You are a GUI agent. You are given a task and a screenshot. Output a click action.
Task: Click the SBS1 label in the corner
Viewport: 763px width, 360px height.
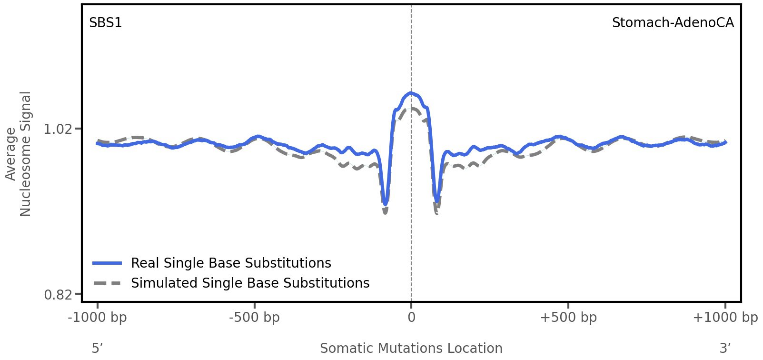[106, 23]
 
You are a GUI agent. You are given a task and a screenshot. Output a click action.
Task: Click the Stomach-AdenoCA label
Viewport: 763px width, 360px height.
[673, 23]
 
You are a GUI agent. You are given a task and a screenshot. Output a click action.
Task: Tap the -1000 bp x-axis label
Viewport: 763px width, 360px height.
[98, 318]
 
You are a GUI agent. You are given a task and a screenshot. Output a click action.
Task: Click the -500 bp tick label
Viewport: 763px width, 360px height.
[254, 318]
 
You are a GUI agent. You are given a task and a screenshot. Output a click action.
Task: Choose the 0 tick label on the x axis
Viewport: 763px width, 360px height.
[411, 318]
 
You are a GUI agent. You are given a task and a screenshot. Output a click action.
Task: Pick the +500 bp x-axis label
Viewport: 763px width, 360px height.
[568, 318]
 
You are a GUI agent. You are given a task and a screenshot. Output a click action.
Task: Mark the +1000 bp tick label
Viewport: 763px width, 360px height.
[725, 318]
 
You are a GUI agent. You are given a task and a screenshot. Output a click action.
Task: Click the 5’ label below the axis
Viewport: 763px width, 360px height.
[98, 349]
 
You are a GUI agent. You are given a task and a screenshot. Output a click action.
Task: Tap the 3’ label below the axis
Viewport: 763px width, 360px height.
[725, 349]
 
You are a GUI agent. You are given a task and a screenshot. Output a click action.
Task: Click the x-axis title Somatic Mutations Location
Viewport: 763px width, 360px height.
[411, 349]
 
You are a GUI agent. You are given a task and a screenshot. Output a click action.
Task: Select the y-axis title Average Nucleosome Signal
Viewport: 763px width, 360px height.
[18, 154]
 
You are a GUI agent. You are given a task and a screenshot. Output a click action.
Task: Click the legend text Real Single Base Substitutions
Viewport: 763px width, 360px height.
[231, 263]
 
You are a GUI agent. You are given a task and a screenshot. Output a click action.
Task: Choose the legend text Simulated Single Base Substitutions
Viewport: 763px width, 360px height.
[250, 283]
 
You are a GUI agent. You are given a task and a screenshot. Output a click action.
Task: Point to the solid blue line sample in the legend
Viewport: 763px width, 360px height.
[108, 263]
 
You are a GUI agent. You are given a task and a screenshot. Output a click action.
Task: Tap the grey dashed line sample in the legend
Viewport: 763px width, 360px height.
[108, 283]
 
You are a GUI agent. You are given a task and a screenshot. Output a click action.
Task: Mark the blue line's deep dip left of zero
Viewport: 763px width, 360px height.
[386, 203]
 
